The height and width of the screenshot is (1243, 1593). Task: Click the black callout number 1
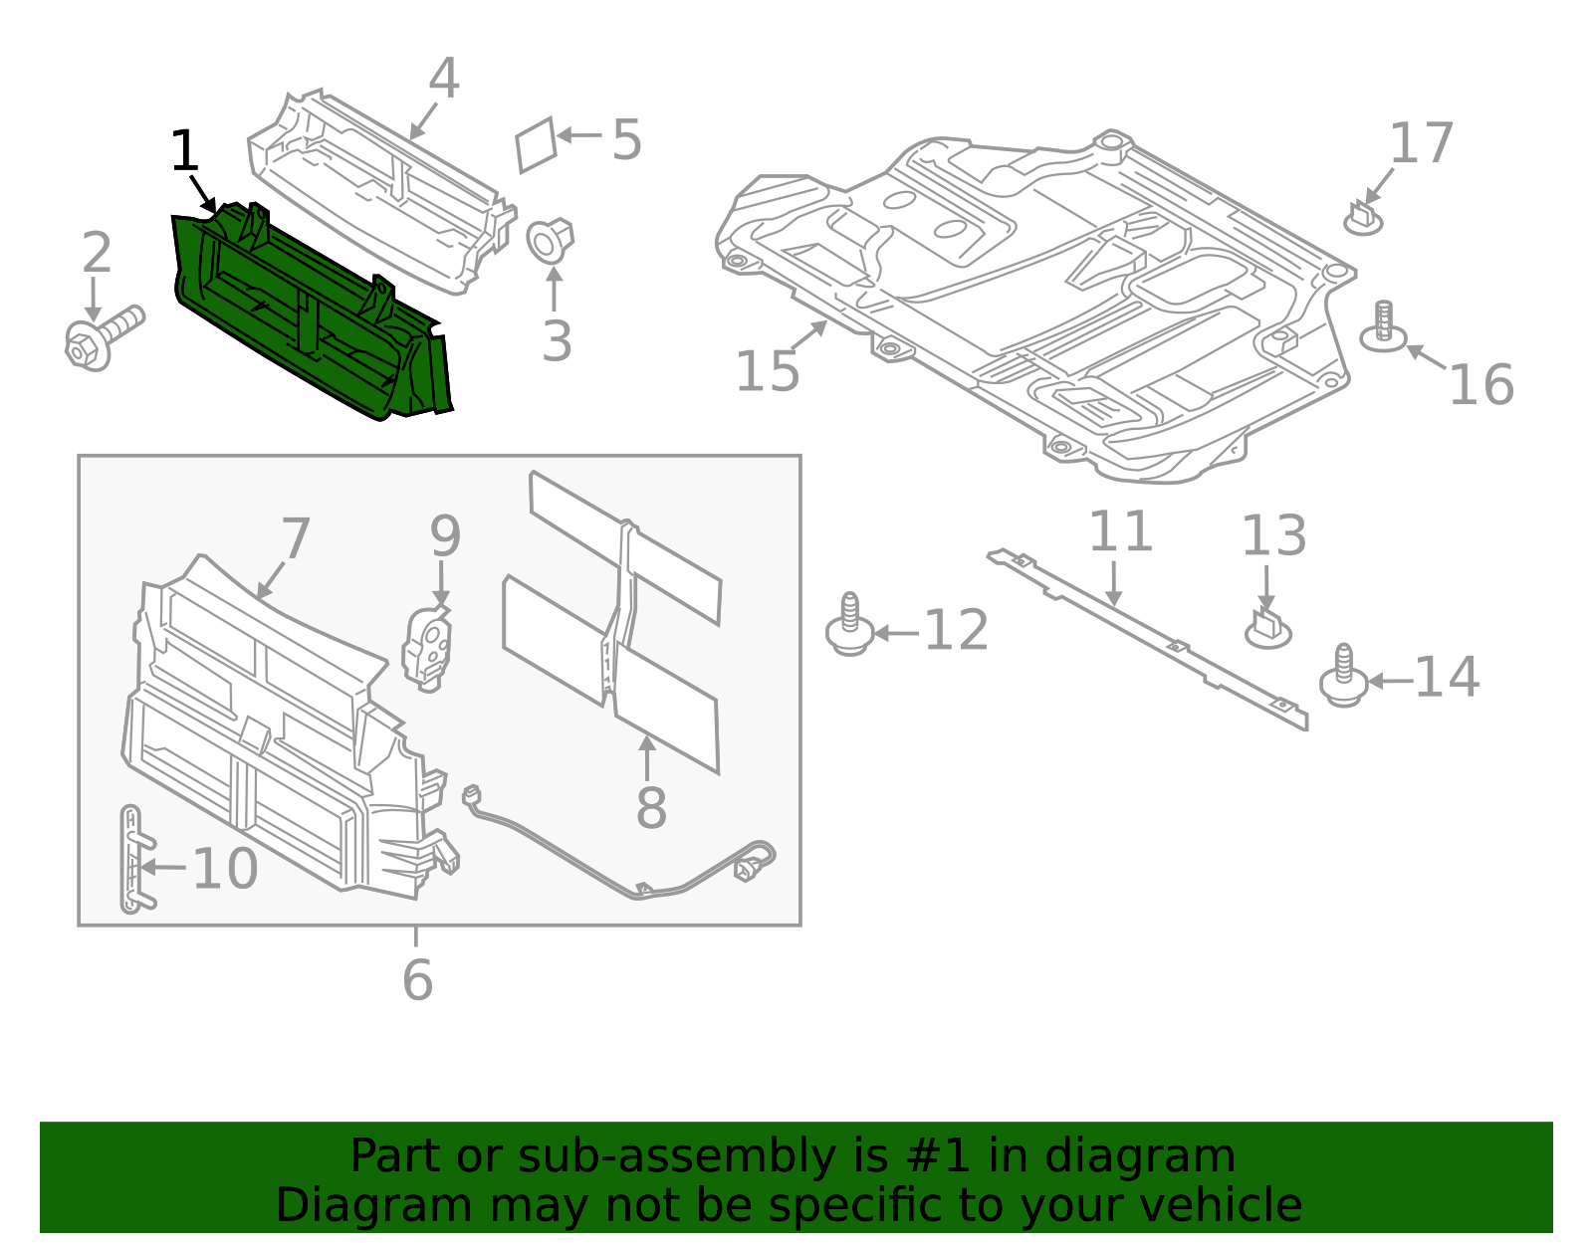point(185,152)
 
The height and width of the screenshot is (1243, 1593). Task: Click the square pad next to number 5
point(536,145)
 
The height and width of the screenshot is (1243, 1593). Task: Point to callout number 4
point(443,79)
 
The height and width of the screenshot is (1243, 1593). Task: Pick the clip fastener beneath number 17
point(1363,219)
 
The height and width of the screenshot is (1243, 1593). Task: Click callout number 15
point(767,371)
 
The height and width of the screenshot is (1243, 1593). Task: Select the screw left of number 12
point(849,626)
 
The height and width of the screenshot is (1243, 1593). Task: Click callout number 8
point(651,807)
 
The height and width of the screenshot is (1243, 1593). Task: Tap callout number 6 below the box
point(417,980)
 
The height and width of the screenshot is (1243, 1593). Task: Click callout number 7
point(296,538)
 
